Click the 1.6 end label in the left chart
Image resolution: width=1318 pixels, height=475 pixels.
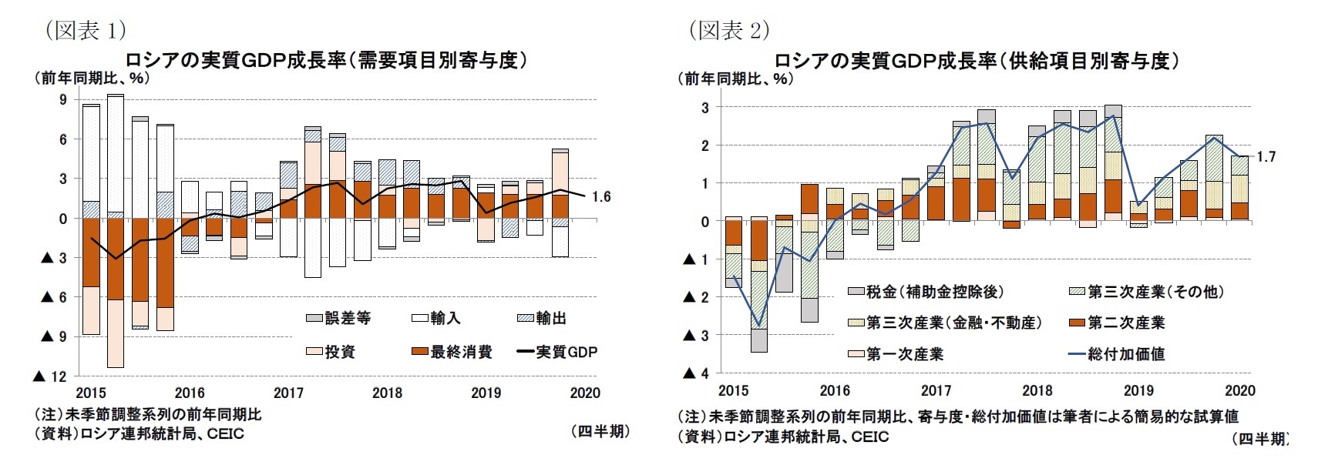click(x=601, y=197)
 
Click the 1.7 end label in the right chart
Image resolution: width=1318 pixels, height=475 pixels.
click(x=1266, y=157)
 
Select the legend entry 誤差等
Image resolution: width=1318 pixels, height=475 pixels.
click(x=348, y=318)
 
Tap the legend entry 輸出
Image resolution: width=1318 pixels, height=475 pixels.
click(x=550, y=318)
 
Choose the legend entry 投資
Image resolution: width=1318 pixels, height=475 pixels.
click(x=339, y=352)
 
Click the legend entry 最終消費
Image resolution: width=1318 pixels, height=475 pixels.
click(x=460, y=352)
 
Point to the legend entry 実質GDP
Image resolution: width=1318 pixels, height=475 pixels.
click(x=566, y=352)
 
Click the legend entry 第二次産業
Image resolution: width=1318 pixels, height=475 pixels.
click(x=1126, y=323)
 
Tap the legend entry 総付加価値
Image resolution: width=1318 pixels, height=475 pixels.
click(x=1126, y=354)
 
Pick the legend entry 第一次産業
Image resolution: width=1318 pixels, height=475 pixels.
click(x=904, y=354)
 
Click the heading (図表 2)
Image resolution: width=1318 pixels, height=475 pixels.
click(x=728, y=30)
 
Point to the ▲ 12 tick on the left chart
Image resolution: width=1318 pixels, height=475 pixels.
click(x=49, y=376)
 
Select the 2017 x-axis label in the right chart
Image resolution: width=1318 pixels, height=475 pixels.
click(x=936, y=391)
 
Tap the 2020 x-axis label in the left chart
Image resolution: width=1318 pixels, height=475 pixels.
click(x=585, y=393)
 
